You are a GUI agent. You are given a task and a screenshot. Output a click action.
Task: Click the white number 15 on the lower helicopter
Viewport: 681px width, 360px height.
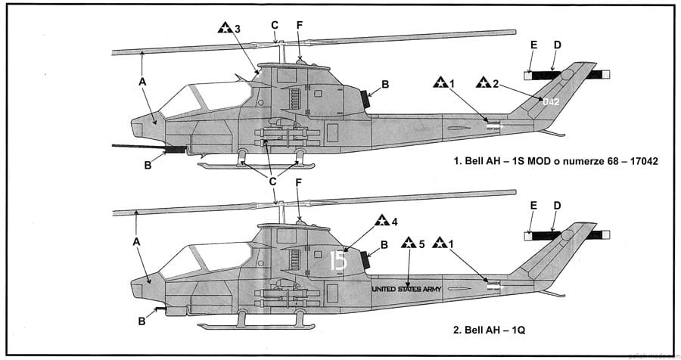pos(338,261)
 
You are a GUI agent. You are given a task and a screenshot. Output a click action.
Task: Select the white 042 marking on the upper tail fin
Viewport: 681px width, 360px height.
pos(550,100)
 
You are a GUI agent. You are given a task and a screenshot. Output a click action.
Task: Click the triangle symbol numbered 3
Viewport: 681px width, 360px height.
pos(224,29)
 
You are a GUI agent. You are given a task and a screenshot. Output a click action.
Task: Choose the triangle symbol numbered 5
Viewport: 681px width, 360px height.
pos(408,244)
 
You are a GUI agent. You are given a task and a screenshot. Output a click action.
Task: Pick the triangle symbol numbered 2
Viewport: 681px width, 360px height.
pos(483,82)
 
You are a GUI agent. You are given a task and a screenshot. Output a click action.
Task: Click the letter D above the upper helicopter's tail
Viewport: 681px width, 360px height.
pos(557,45)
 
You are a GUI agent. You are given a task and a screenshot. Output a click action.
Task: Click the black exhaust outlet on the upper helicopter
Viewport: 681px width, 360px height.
pos(365,99)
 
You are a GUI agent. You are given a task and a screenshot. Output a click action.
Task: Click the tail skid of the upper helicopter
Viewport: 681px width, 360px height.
pos(553,134)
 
